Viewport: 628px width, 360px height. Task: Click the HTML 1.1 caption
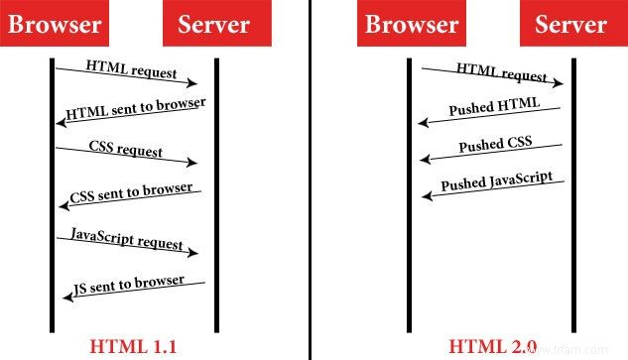[133, 346]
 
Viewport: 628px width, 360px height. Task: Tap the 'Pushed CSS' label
[494, 146]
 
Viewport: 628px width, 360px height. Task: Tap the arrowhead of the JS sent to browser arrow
[69, 300]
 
